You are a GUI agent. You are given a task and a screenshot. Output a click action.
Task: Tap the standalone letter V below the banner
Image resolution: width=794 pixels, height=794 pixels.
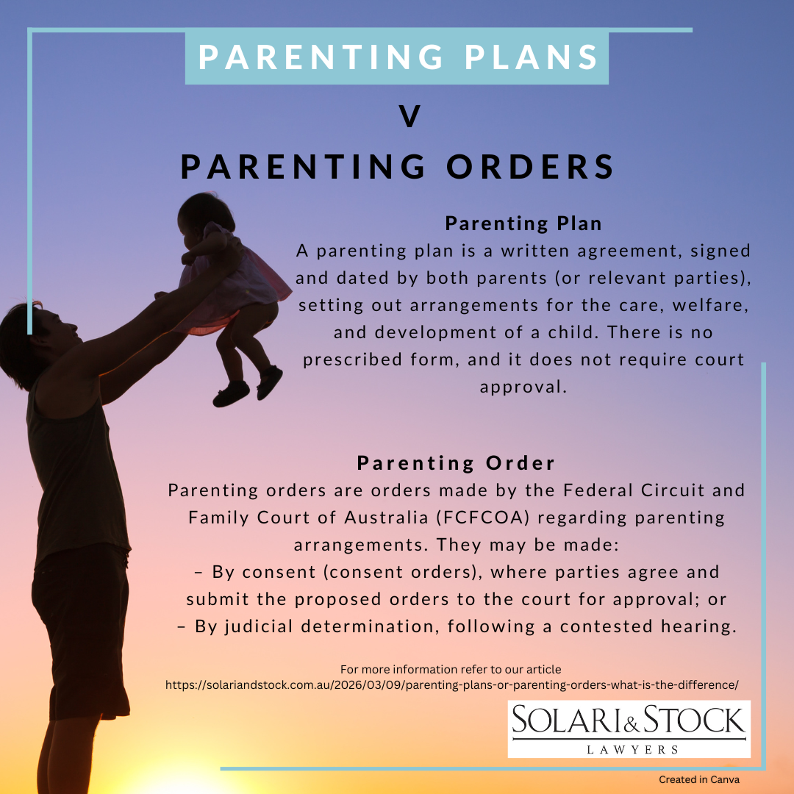[x=409, y=117]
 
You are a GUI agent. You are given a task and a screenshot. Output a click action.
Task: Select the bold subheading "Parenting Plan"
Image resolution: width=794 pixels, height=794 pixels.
[x=523, y=223]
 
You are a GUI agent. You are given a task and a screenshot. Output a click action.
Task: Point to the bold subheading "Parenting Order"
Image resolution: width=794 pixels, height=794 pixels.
[x=456, y=463]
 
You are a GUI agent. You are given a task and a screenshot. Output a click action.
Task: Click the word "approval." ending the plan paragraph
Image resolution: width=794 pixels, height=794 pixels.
[x=523, y=387]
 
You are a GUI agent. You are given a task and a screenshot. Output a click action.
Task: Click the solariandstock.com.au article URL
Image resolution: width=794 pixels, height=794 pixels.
[x=451, y=684]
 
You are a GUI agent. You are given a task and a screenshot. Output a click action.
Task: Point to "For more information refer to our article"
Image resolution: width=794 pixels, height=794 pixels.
[x=451, y=669]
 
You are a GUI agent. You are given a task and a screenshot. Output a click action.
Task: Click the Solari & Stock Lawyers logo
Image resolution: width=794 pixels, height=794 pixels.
[x=629, y=728]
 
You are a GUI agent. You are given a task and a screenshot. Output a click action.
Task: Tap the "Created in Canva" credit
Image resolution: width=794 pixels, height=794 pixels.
[x=698, y=779]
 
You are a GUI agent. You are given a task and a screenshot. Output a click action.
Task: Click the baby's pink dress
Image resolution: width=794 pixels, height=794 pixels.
[x=235, y=283]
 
